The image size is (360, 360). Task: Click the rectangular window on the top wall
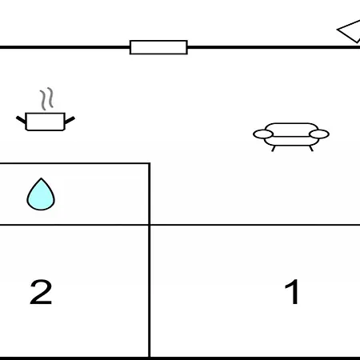point(158,47)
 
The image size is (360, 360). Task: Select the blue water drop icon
point(41,194)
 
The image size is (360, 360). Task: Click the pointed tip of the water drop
point(41,178)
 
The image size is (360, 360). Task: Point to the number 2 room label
point(41,292)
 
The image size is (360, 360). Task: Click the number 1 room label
point(292,291)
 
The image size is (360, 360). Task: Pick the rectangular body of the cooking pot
point(46,122)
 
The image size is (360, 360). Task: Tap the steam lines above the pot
point(47,98)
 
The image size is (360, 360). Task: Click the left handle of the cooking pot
point(21,120)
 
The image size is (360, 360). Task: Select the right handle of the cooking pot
point(70,120)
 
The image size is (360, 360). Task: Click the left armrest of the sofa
point(263,134)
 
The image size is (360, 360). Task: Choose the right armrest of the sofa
point(319,134)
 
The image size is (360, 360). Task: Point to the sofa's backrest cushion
point(291,130)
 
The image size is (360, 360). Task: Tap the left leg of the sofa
point(273,149)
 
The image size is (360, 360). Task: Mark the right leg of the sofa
point(311,149)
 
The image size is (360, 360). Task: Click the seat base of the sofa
point(291,142)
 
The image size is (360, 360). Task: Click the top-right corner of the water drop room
point(150,163)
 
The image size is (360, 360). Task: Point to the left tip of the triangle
point(338,30)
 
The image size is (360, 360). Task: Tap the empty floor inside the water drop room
point(102,194)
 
